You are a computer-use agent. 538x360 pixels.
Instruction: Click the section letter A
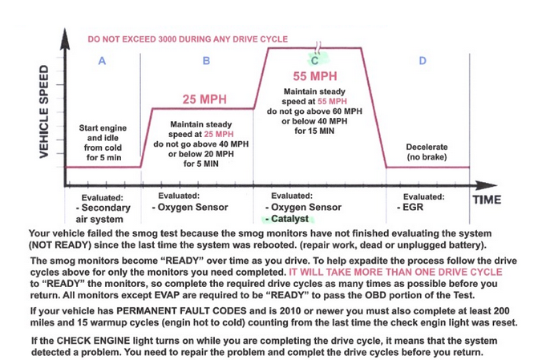pyautogui.click(x=101, y=61)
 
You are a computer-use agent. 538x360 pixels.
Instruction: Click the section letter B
pyautogui.click(x=206, y=61)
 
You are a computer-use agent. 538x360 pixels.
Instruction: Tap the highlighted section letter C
pyautogui.click(x=315, y=59)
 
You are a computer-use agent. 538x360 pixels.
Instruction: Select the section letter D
pyautogui.click(x=423, y=61)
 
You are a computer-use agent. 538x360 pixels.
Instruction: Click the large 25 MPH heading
pyautogui.click(x=205, y=100)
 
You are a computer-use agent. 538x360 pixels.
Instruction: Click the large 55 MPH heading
pyautogui.click(x=314, y=77)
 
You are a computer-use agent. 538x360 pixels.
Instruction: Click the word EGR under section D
pyautogui.click(x=411, y=207)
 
